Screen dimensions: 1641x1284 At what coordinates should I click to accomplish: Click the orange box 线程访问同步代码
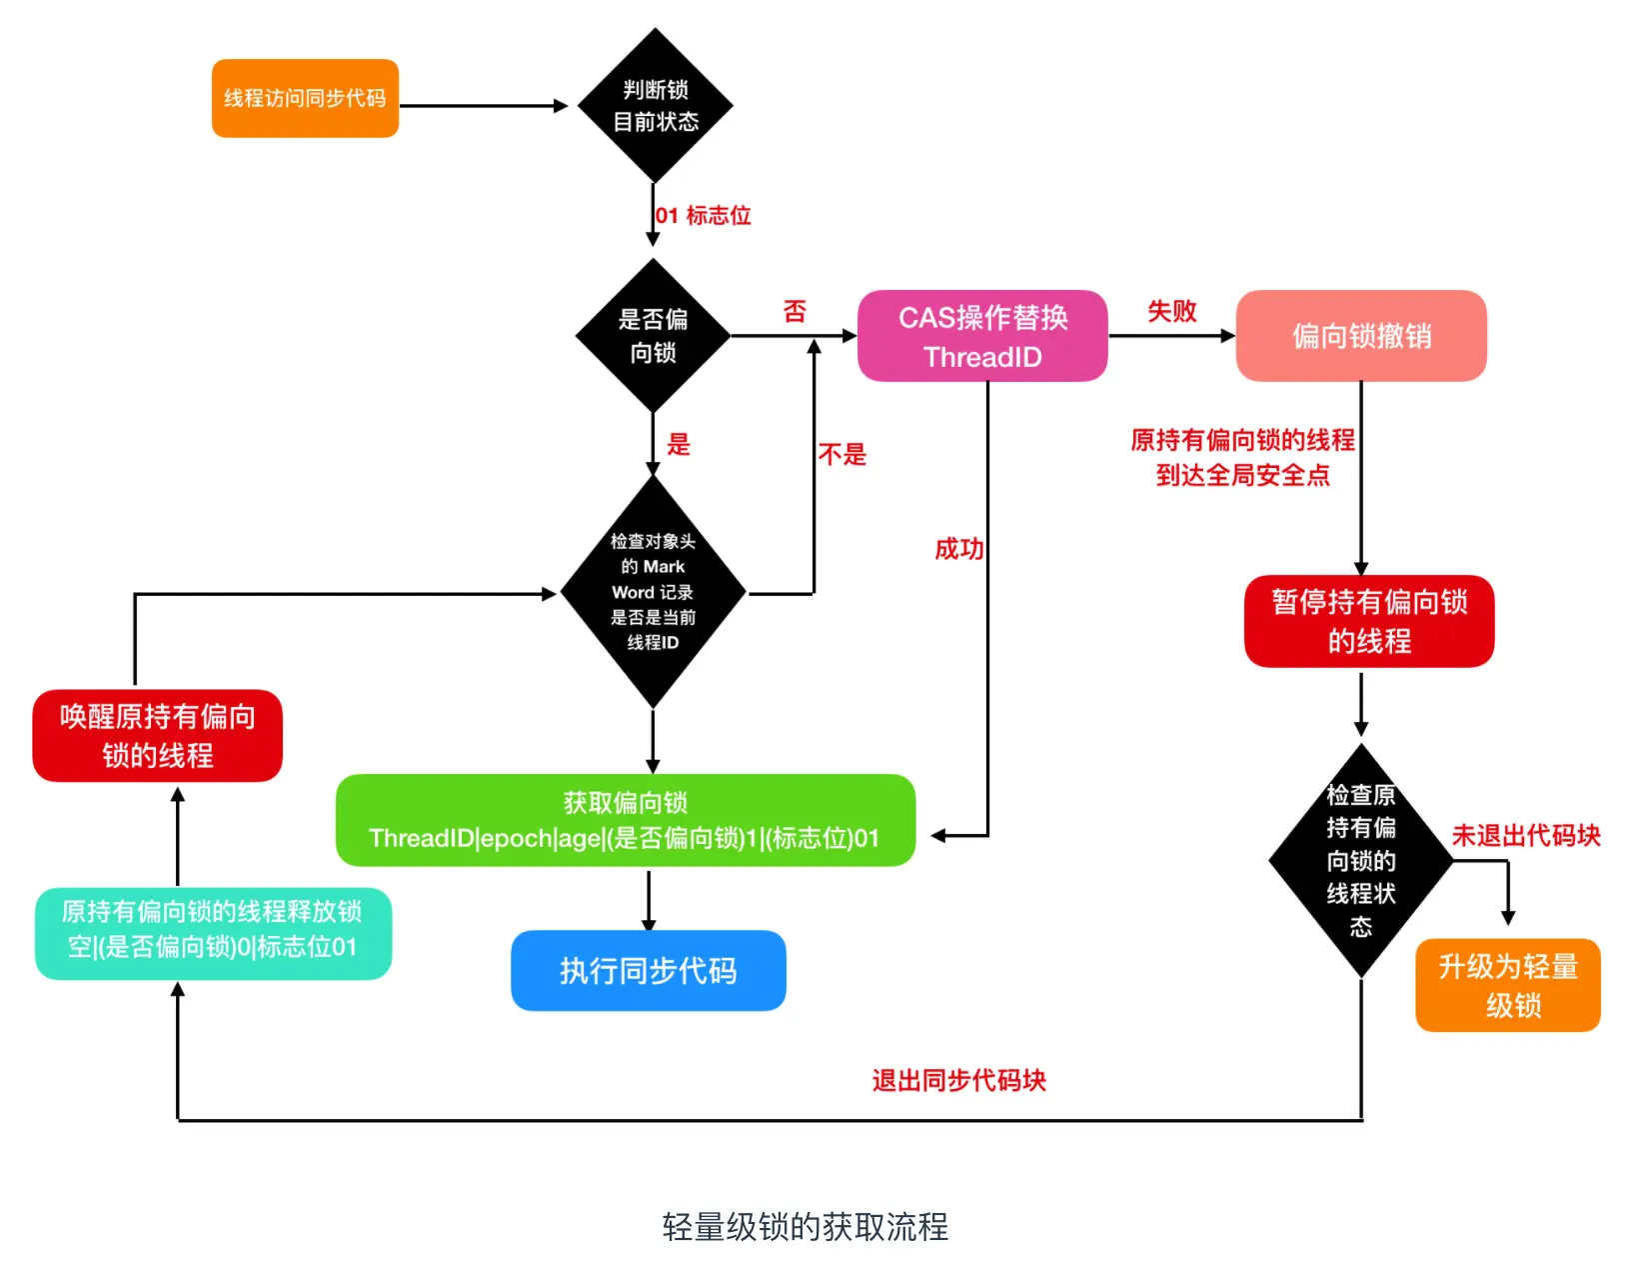(305, 98)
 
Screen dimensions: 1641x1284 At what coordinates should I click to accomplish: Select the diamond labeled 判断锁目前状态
(656, 106)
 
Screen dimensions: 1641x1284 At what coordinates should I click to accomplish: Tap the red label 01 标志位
(703, 216)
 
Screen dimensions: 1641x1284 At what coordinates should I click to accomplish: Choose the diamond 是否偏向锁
(654, 335)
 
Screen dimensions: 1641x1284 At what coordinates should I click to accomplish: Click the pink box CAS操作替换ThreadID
(983, 336)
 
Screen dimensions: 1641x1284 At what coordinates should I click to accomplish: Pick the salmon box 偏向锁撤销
(1361, 336)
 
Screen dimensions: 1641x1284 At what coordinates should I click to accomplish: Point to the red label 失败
(1172, 311)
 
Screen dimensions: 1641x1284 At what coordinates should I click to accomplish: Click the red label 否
(795, 311)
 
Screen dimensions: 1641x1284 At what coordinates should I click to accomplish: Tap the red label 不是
(842, 455)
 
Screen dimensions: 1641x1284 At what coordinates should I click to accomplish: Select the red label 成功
(959, 549)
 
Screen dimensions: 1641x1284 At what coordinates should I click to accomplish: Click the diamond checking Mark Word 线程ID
(654, 592)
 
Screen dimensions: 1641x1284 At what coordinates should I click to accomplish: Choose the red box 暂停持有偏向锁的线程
(1369, 622)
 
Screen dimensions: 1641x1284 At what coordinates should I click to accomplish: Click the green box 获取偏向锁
(626, 820)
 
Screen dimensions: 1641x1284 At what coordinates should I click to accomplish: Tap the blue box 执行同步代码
(649, 971)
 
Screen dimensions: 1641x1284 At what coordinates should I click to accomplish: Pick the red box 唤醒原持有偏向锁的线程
(158, 736)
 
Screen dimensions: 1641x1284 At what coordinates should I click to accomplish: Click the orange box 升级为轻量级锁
(1508, 986)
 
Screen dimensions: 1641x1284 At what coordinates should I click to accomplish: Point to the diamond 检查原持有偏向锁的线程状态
(1361, 861)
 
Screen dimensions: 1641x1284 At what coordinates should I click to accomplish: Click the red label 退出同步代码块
(959, 1081)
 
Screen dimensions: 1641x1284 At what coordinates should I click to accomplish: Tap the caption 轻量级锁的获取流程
(806, 1227)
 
